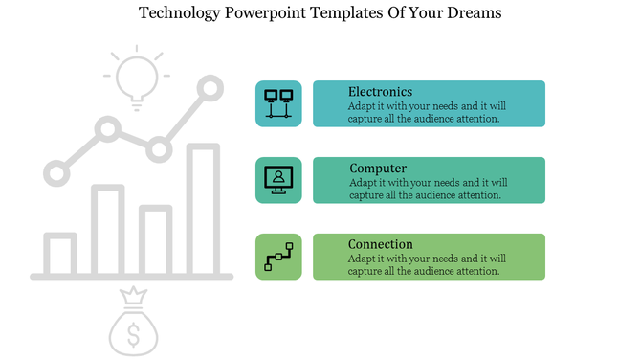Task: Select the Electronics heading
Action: click(380, 92)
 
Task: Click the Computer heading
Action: click(378, 169)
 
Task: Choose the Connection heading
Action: click(380, 244)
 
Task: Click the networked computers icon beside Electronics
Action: click(278, 103)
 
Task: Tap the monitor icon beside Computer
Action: click(278, 180)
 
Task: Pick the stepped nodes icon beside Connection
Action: click(278, 257)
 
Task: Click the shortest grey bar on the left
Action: click(60, 253)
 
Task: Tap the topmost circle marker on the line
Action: click(209, 90)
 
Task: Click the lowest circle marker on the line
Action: click(57, 173)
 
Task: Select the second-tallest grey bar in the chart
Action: click(108, 230)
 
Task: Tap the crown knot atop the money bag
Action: click(134, 296)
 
